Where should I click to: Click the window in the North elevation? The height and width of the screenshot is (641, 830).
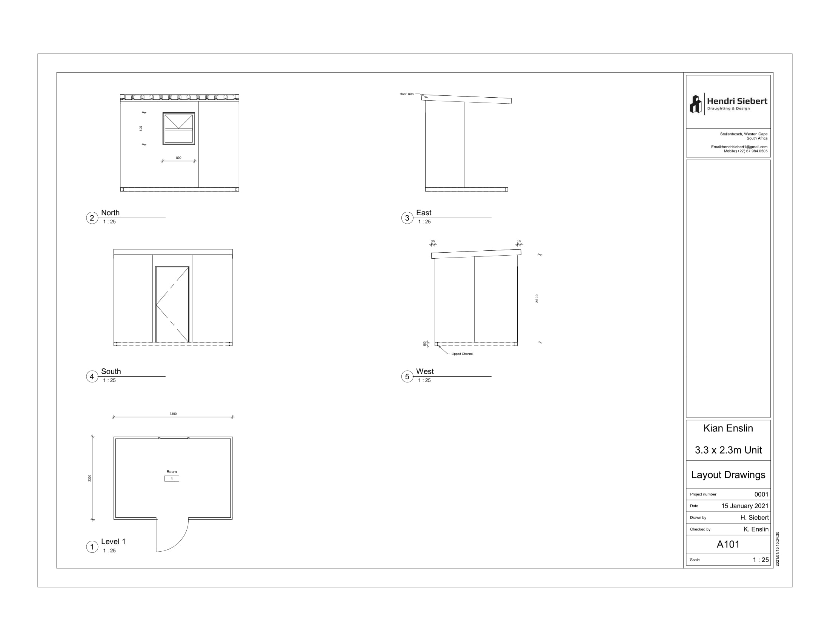click(178, 128)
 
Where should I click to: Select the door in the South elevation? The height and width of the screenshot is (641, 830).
click(172, 304)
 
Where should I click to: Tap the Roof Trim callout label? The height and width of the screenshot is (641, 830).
click(406, 94)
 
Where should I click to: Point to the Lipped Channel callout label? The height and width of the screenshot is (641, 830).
click(462, 354)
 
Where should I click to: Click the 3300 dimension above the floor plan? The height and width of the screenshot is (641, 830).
click(173, 414)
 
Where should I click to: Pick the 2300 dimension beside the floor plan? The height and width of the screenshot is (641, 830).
click(90, 478)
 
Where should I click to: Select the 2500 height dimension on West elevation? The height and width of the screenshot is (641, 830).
click(536, 299)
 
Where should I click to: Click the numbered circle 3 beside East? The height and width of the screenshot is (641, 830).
click(407, 218)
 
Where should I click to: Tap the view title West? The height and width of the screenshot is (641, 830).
click(425, 371)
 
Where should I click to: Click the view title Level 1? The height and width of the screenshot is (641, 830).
click(113, 541)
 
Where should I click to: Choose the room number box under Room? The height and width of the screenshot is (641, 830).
click(172, 478)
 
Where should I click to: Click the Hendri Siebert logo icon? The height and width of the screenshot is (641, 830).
click(695, 104)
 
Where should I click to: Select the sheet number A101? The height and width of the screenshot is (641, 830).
click(728, 544)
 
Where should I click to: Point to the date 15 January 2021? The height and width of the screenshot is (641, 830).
click(745, 506)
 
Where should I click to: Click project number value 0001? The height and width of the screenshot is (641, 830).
click(761, 494)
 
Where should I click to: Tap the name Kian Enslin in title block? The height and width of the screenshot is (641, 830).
click(728, 428)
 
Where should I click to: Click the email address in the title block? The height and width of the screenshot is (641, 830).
click(739, 147)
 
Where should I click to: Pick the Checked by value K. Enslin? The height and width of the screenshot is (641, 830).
click(756, 529)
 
